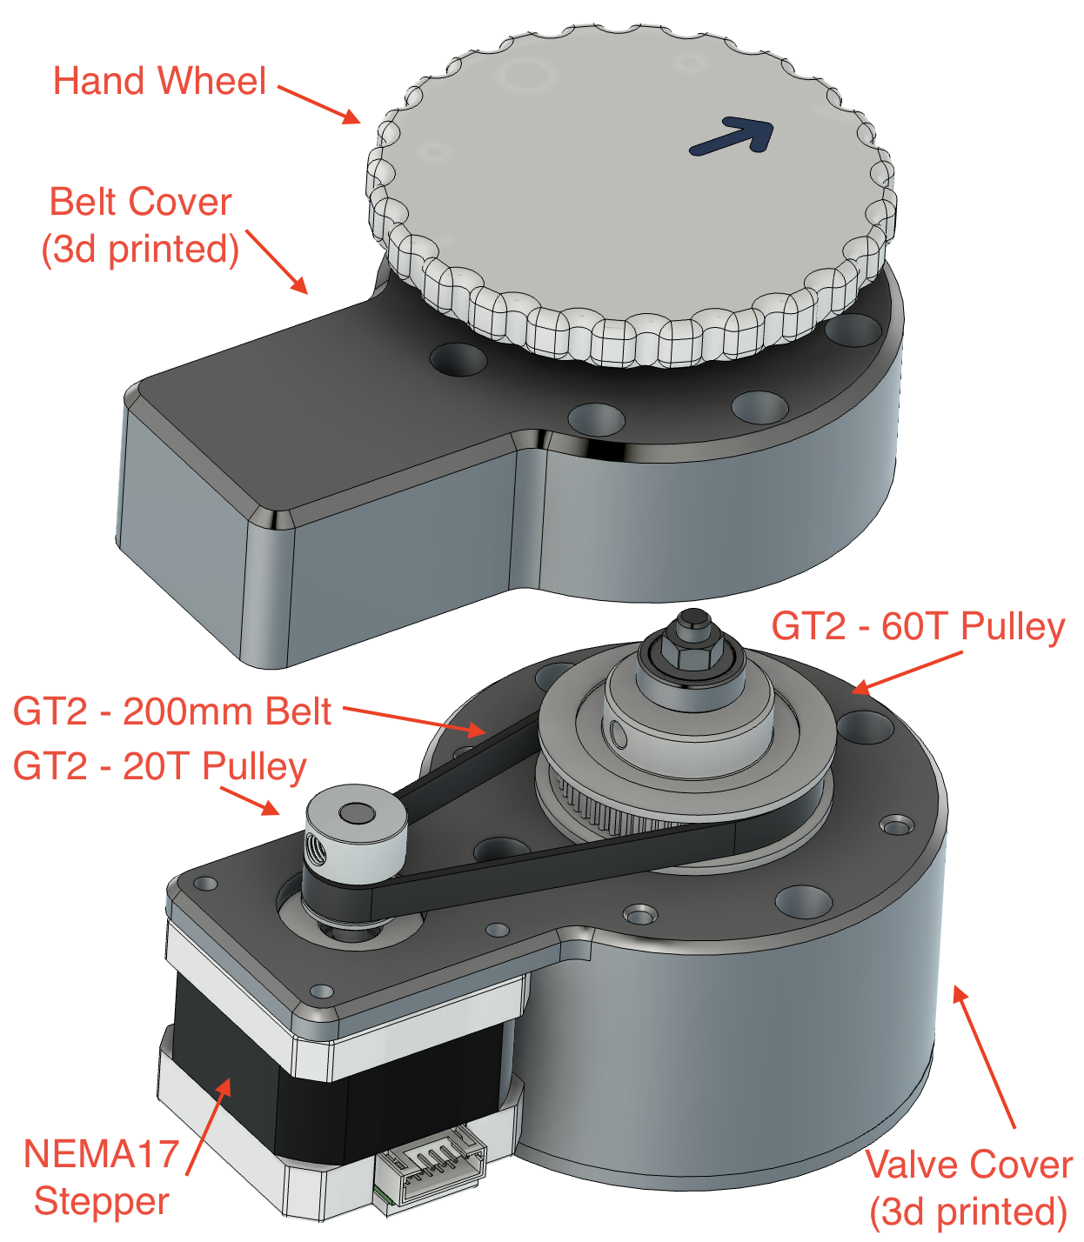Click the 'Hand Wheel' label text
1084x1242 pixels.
coord(159,81)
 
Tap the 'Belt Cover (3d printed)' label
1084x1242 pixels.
coord(140,225)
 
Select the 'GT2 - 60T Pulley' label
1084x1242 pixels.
coord(918,626)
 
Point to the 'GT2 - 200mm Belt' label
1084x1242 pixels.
coord(172,711)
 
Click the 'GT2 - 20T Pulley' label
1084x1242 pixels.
coord(160,766)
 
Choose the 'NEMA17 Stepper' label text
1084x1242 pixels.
coord(101,1178)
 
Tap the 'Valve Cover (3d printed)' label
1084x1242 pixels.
coord(968,1188)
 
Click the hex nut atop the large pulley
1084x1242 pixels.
coord(692,651)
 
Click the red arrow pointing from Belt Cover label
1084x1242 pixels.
coord(277,262)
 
